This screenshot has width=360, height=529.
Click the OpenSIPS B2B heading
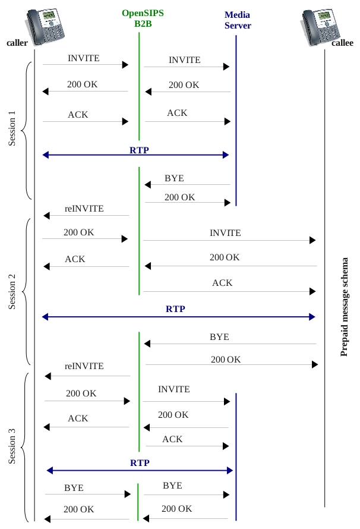click(x=143, y=18)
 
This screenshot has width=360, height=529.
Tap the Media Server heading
click(x=238, y=20)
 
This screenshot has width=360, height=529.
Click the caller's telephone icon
click(x=45, y=26)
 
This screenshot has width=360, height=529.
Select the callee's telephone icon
click(x=320, y=26)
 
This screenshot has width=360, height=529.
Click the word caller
click(x=17, y=43)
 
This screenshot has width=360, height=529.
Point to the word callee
click(x=342, y=43)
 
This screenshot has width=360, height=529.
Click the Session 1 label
click(x=12, y=128)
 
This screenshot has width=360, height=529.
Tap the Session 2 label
click(x=12, y=291)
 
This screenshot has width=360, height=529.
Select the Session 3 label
click(x=12, y=446)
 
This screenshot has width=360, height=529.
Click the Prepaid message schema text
click(x=344, y=307)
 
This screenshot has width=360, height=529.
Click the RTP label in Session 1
click(x=139, y=150)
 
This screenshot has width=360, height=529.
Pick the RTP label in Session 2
click(x=175, y=309)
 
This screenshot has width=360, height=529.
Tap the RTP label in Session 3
click(x=140, y=463)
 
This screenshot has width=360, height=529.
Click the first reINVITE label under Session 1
click(x=84, y=209)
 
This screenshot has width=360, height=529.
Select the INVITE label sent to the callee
click(x=225, y=233)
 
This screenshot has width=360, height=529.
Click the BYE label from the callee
click(x=219, y=337)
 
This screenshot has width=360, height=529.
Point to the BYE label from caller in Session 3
click(x=74, y=488)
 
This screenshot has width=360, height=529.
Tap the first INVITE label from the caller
click(x=84, y=58)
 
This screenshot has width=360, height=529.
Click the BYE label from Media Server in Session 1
click(x=174, y=178)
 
